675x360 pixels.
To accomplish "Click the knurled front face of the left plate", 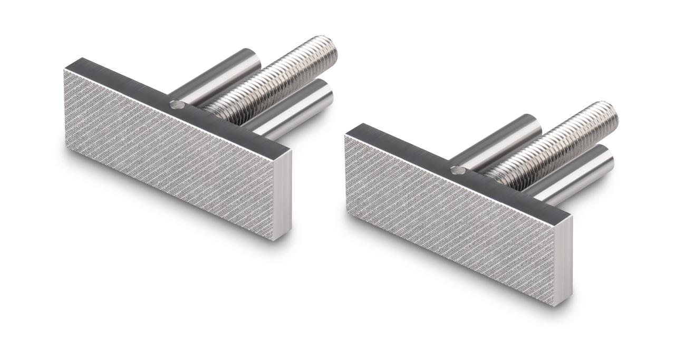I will click(169, 153).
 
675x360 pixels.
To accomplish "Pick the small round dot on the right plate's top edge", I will click(457, 170).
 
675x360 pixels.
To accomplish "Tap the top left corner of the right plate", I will click(346, 135).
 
